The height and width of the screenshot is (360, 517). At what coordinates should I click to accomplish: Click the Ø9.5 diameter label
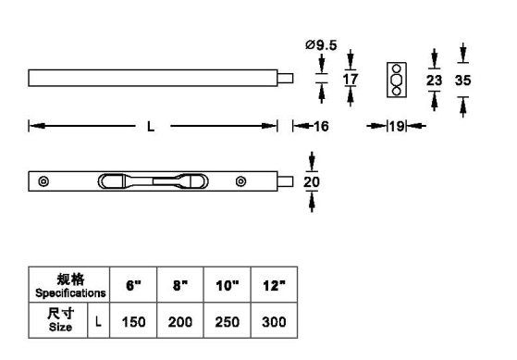(x=321, y=44)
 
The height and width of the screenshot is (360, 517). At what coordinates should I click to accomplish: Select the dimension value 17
(x=351, y=80)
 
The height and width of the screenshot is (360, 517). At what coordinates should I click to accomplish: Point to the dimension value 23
(x=434, y=81)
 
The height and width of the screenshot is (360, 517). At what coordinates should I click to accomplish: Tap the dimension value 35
(x=463, y=81)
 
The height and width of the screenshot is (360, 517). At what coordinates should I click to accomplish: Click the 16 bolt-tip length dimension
(x=321, y=126)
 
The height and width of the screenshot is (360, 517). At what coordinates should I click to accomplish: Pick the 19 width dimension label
(x=397, y=126)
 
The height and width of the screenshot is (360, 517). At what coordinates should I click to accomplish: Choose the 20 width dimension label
(x=312, y=181)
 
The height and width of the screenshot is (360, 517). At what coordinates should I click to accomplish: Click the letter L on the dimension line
(x=151, y=127)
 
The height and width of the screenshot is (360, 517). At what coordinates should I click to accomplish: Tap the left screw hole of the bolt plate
(x=43, y=181)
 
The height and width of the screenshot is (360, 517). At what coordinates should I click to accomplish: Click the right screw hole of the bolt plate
(x=240, y=181)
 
